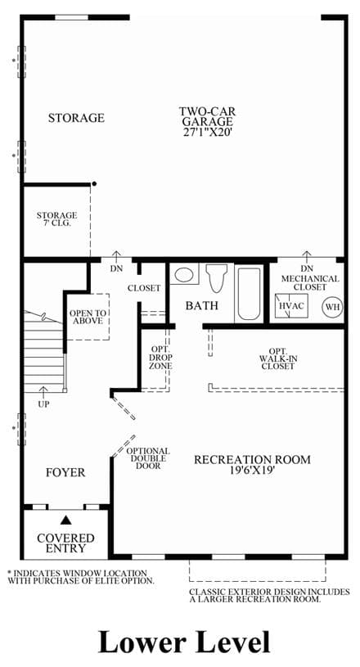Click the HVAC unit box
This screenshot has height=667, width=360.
click(x=291, y=306)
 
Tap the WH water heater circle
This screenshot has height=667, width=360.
click(x=333, y=307)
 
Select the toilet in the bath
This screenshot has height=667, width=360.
click(x=216, y=277)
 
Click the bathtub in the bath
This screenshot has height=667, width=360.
click(x=249, y=294)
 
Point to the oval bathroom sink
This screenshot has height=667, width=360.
click(x=184, y=274)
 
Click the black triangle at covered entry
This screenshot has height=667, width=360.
click(x=65, y=520)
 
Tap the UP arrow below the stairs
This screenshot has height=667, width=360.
click(x=43, y=391)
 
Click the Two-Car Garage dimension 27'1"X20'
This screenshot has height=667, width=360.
click(x=207, y=133)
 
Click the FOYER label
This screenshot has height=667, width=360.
click(x=65, y=472)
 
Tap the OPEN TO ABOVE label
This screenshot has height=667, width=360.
click(x=88, y=317)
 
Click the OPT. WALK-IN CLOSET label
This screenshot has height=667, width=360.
click(x=278, y=358)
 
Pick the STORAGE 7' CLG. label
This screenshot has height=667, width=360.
click(x=56, y=219)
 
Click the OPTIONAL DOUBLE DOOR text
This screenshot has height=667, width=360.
click(x=148, y=458)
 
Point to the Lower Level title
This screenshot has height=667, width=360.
click(x=184, y=642)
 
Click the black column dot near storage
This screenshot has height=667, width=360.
click(x=94, y=184)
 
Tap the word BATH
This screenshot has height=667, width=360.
click(x=202, y=305)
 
